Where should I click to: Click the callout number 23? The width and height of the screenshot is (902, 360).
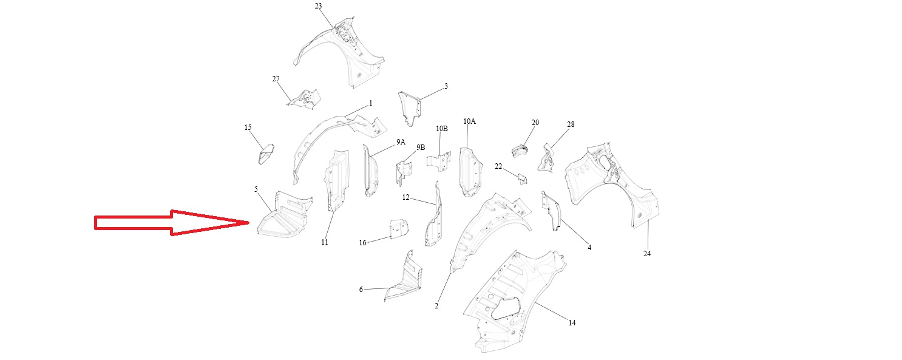point(319,6)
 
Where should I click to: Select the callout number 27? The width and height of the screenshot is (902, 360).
point(276,80)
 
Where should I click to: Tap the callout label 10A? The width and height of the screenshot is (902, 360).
point(469,121)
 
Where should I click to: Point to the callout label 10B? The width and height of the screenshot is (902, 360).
point(441,129)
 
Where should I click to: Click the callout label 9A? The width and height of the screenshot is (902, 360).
point(401,141)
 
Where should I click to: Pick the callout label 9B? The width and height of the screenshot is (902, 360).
point(421,148)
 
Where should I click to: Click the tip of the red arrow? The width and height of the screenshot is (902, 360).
point(249,223)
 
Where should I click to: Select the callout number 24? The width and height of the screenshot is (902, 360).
point(647,254)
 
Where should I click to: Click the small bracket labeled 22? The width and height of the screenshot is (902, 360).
point(521,178)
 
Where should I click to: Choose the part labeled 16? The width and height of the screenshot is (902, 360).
point(398,229)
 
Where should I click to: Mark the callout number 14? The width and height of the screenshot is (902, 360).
point(572,323)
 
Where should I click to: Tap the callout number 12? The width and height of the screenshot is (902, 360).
point(405,197)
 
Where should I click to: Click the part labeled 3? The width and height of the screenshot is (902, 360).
point(410,108)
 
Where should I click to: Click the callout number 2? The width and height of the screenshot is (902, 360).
point(436,306)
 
